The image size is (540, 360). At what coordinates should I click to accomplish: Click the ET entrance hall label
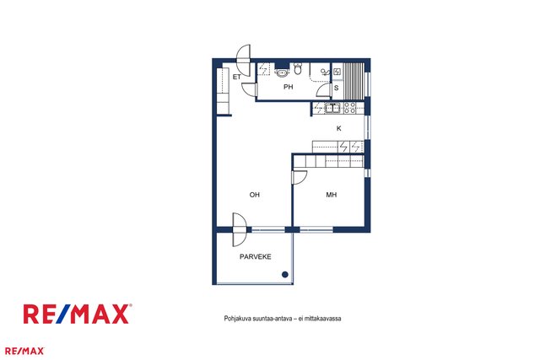click(x=236, y=77)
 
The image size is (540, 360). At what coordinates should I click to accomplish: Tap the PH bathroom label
click(x=289, y=87)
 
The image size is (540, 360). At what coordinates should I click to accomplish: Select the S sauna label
click(x=337, y=88)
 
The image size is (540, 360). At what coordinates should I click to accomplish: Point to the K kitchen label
click(x=339, y=128)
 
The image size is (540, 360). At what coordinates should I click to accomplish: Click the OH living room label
click(x=255, y=195)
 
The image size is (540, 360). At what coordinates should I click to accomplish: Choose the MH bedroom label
click(x=332, y=195)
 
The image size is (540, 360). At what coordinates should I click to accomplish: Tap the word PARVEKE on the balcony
click(x=256, y=257)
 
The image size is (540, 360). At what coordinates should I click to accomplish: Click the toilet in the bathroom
click(x=298, y=69)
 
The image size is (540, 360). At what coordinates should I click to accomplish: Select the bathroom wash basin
click(x=283, y=73)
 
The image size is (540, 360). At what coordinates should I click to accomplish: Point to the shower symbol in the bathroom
click(x=325, y=72)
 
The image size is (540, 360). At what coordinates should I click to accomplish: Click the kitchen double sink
click(x=332, y=109)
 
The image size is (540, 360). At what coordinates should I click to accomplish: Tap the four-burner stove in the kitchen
click(x=350, y=109)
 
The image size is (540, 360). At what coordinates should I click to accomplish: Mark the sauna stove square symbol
click(x=337, y=72)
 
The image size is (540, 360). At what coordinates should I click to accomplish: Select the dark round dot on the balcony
click(x=285, y=274)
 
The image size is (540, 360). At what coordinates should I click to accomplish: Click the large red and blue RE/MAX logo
click(x=78, y=314)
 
